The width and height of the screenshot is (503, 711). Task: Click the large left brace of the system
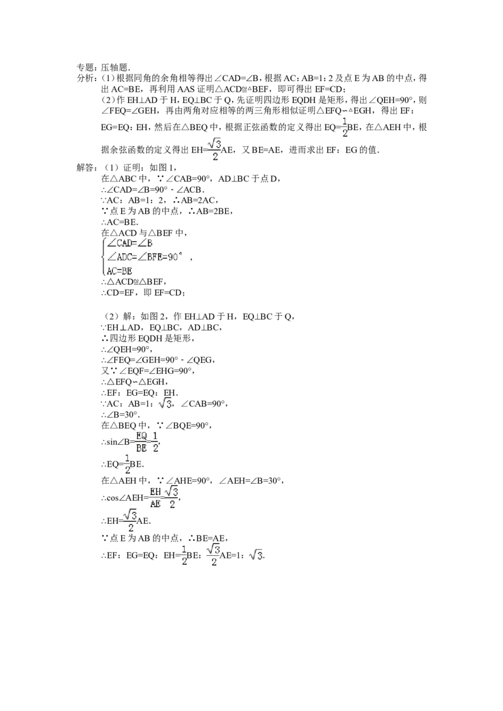tap(104, 257)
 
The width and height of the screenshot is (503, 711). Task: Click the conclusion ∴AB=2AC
tap(196, 200)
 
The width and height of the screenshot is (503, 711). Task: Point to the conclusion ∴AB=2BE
tap(211, 211)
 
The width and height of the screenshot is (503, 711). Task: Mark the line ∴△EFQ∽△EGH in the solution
tap(133, 382)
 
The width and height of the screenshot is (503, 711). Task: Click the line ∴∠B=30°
tap(120, 415)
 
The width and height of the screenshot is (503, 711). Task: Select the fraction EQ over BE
tap(141, 442)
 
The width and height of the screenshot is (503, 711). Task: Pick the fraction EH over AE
tap(155, 497)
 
